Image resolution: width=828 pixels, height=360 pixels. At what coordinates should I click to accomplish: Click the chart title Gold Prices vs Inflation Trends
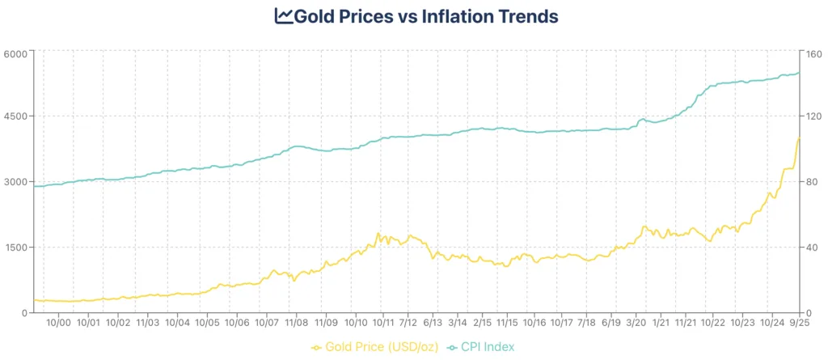tap(425, 16)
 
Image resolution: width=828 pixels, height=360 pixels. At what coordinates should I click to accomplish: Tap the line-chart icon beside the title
tap(283, 16)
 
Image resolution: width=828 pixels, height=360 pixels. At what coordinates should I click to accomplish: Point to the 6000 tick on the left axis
tap(16, 53)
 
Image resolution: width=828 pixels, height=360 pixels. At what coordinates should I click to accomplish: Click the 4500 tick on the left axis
tap(16, 116)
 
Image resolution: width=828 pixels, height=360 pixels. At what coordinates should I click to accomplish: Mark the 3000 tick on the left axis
tap(16, 182)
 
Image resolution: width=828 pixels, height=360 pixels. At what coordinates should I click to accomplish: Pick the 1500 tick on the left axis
tap(16, 248)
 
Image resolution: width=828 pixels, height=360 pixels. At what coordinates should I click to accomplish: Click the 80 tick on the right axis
tap(811, 182)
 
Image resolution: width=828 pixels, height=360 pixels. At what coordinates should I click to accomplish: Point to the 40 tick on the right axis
tap(811, 248)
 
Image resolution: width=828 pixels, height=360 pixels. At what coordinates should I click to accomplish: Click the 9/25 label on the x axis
tap(800, 323)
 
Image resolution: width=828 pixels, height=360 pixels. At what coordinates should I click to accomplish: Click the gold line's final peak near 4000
tap(799, 139)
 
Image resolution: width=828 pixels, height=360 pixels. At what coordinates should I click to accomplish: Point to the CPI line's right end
tap(800, 73)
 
